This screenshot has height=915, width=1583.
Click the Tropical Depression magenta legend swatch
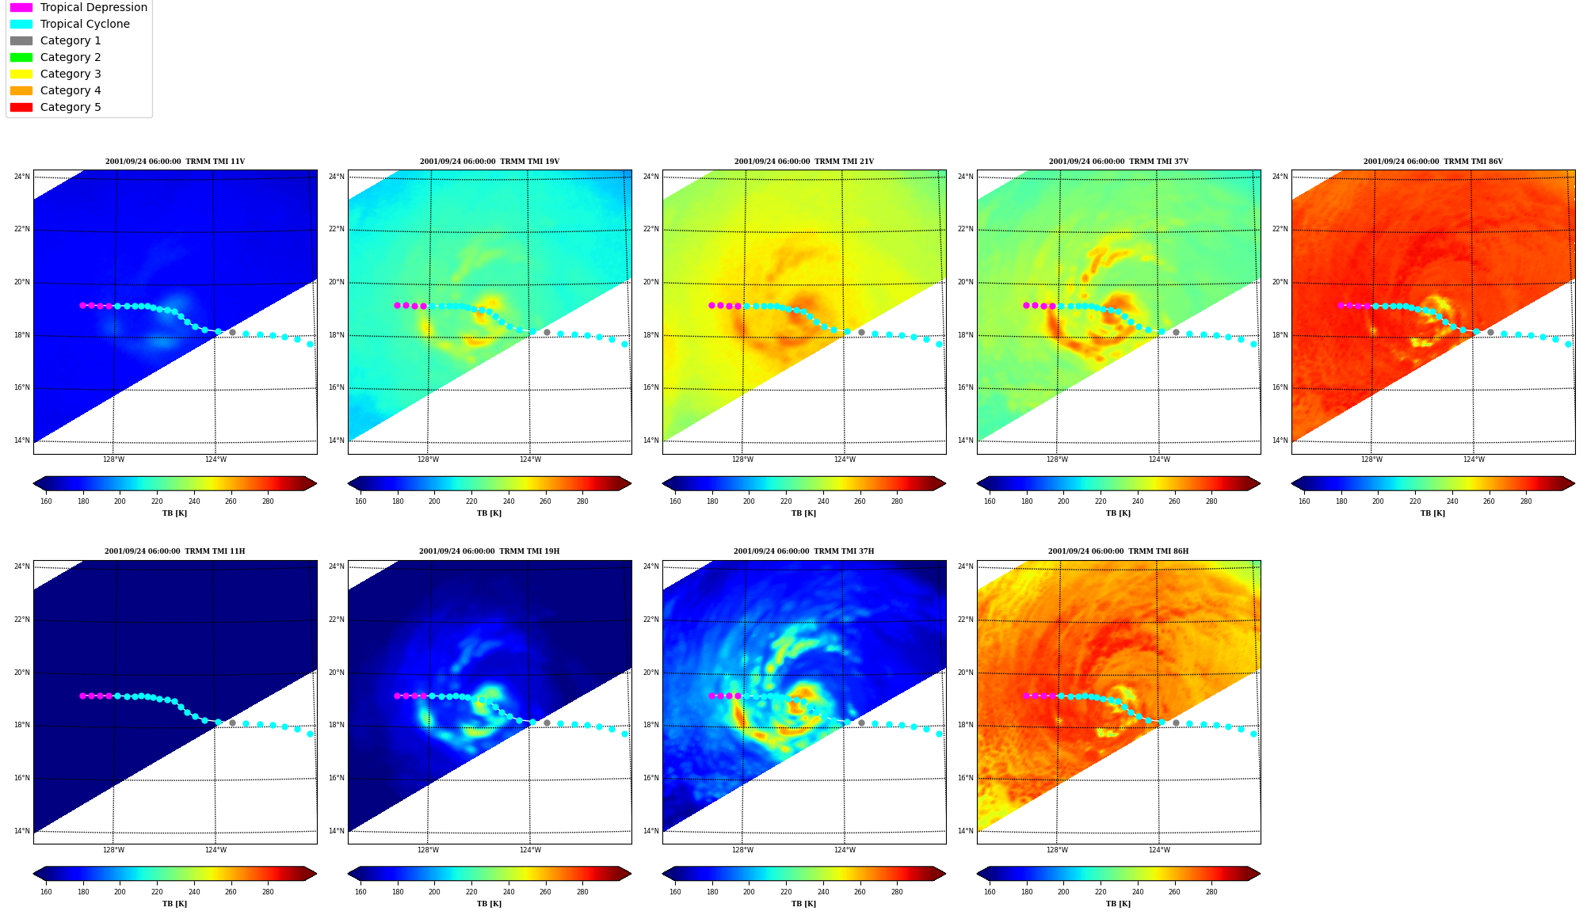21,7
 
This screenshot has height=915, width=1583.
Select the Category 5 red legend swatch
21,107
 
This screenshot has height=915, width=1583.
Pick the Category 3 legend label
71,74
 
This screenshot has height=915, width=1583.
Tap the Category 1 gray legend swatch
21,40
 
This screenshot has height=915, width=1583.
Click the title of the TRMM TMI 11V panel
175,162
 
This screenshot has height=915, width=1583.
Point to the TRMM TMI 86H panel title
1118,551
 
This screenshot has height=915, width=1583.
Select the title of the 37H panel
803,551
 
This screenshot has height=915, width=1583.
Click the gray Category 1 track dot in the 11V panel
232,333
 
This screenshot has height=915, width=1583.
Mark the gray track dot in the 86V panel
1490,333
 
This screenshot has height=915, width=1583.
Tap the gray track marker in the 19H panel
547,722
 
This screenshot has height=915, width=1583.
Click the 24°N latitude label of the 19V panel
337,177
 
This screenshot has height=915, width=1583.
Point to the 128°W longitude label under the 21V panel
742,459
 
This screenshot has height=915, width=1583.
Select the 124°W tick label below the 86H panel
1159,850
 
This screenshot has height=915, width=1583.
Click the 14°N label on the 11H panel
22,831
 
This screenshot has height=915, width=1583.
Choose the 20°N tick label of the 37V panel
966,282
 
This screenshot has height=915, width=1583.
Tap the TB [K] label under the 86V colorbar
1432,513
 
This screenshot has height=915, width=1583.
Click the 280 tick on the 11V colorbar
268,501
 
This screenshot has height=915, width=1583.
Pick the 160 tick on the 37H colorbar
675,892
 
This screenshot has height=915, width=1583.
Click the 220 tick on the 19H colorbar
471,892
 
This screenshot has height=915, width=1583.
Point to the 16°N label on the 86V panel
1280,388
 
